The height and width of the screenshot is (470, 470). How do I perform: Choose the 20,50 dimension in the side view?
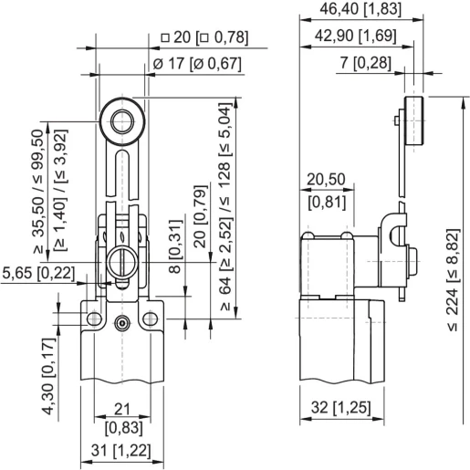[x=325, y=180]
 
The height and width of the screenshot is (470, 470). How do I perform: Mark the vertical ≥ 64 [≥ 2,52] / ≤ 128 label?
[x=225, y=211]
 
